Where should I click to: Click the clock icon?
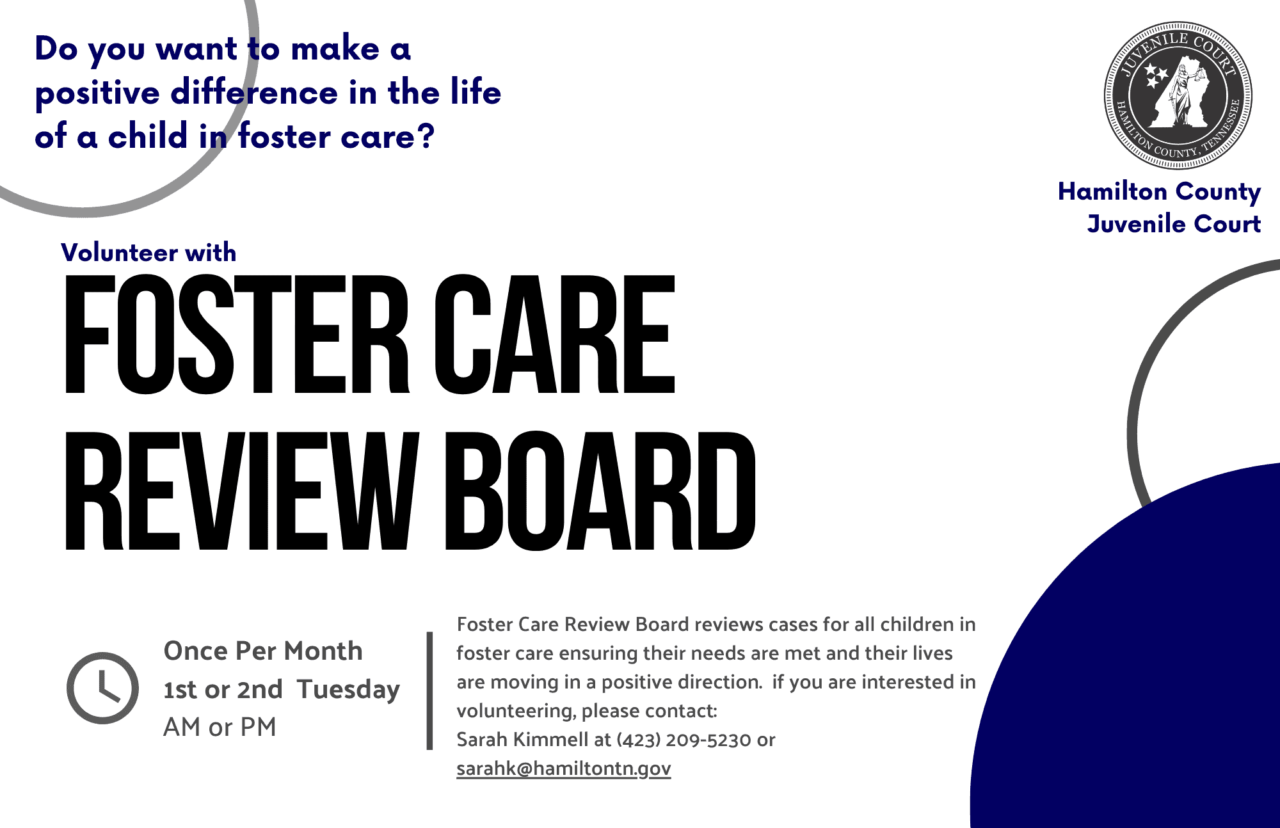point(102,688)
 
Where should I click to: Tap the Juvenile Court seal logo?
point(1178,96)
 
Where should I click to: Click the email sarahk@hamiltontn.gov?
point(563,768)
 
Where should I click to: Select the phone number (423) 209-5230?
point(684,740)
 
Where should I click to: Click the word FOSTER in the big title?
point(237,334)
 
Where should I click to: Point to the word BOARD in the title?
point(600,491)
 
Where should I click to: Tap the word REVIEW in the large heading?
point(243,491)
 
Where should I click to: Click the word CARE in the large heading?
point(554,334)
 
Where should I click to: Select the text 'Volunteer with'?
point(148,253)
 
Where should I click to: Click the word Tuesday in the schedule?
point(348,690)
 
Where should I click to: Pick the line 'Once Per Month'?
point(263,651)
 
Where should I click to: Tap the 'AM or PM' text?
point(220,727)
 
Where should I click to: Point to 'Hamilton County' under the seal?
point(1159,192)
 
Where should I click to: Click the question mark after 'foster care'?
point(426,136)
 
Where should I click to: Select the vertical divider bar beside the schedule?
point(430,690)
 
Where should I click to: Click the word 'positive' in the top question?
point(97,93)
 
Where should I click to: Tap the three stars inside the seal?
point(1156,76)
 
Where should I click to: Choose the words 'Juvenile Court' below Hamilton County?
point(1174,224)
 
